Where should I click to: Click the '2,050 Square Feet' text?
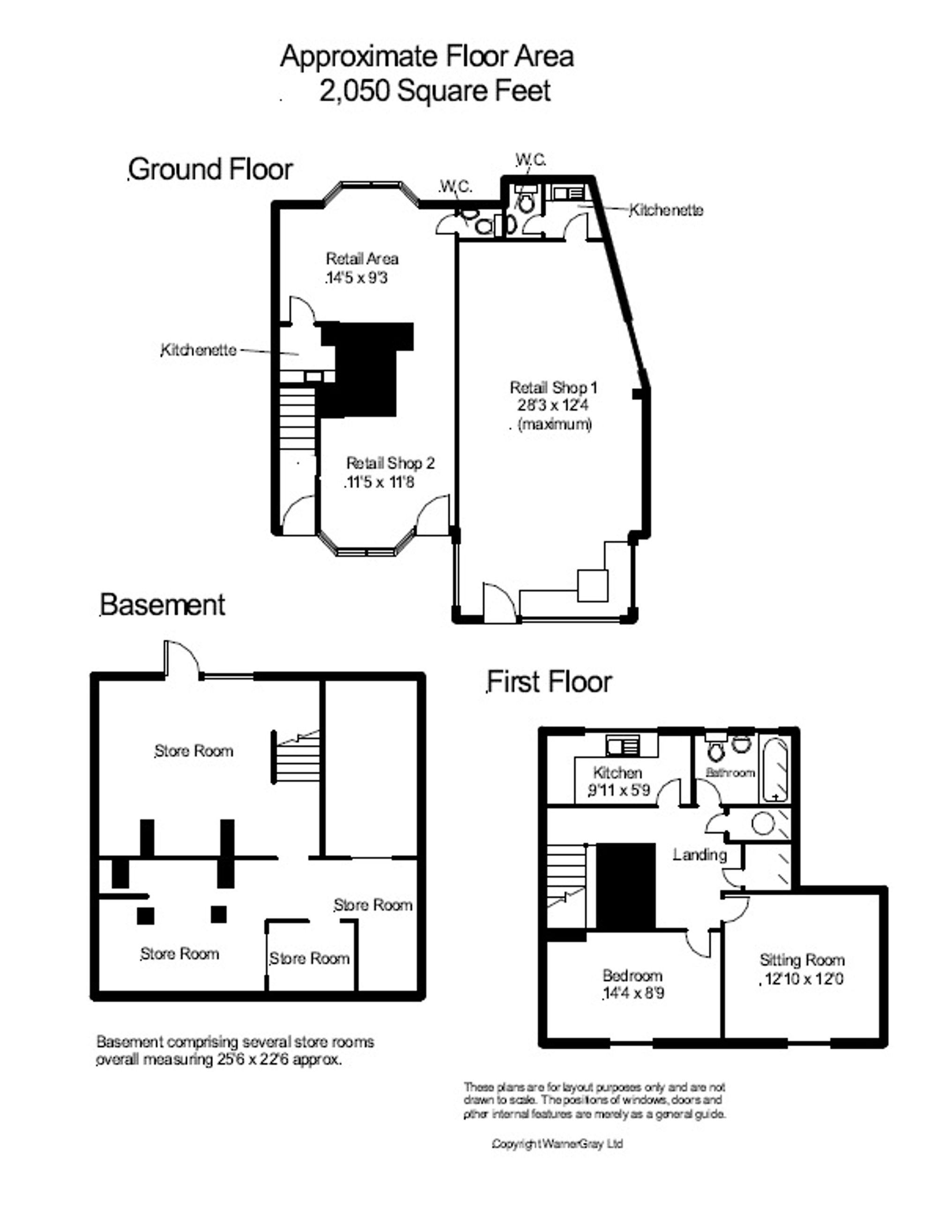point(435,91)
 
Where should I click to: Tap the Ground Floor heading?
point(210,169)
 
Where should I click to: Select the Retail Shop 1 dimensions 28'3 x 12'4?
point(552,405)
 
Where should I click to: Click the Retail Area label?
point(362,259)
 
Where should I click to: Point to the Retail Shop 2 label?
point(390,463)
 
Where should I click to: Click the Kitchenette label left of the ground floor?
point(198,350)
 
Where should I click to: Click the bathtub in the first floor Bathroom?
point(775,769)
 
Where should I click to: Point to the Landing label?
point(699,856)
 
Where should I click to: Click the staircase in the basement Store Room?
point(297,757)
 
